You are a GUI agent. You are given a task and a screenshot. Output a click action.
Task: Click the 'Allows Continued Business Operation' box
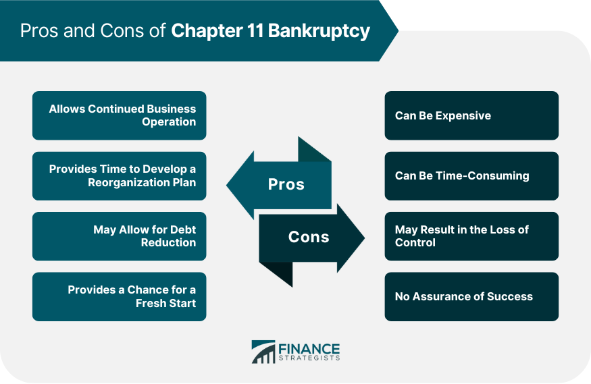coord(119,115)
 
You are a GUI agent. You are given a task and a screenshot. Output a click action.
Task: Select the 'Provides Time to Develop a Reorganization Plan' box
coord(119,176)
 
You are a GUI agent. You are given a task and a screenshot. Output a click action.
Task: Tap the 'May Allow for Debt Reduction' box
coord(119,236)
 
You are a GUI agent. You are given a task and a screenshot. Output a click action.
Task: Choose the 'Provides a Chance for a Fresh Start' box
coord(119,297)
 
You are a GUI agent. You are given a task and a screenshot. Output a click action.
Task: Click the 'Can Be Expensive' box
coord(471,115)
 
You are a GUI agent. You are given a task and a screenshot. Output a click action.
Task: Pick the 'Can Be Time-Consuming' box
coord(471,176)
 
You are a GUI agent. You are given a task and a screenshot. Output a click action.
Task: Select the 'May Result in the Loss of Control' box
coord(471,236)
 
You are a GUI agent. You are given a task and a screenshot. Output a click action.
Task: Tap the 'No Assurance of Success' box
coord(471,297)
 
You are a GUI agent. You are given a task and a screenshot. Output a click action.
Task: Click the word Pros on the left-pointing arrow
coord(286,184)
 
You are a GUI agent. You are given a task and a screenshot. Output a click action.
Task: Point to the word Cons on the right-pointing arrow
coord(309,237)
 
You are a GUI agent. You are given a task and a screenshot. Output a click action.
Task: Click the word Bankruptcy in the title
coord(319,31)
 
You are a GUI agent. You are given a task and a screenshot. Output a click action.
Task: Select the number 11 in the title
coord(255,30)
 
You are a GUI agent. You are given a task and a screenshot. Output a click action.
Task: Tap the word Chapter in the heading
coord(207,31)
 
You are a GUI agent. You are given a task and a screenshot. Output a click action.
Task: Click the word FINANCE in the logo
coord(309,349)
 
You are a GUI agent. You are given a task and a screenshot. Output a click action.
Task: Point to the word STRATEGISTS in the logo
coord(309,358)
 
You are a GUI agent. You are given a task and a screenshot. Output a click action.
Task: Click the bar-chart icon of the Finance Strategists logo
coord(263,352)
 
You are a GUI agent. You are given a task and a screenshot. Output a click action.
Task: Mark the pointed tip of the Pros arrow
coord(227,185)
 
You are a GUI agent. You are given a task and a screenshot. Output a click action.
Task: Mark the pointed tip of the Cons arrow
coord(365,238)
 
